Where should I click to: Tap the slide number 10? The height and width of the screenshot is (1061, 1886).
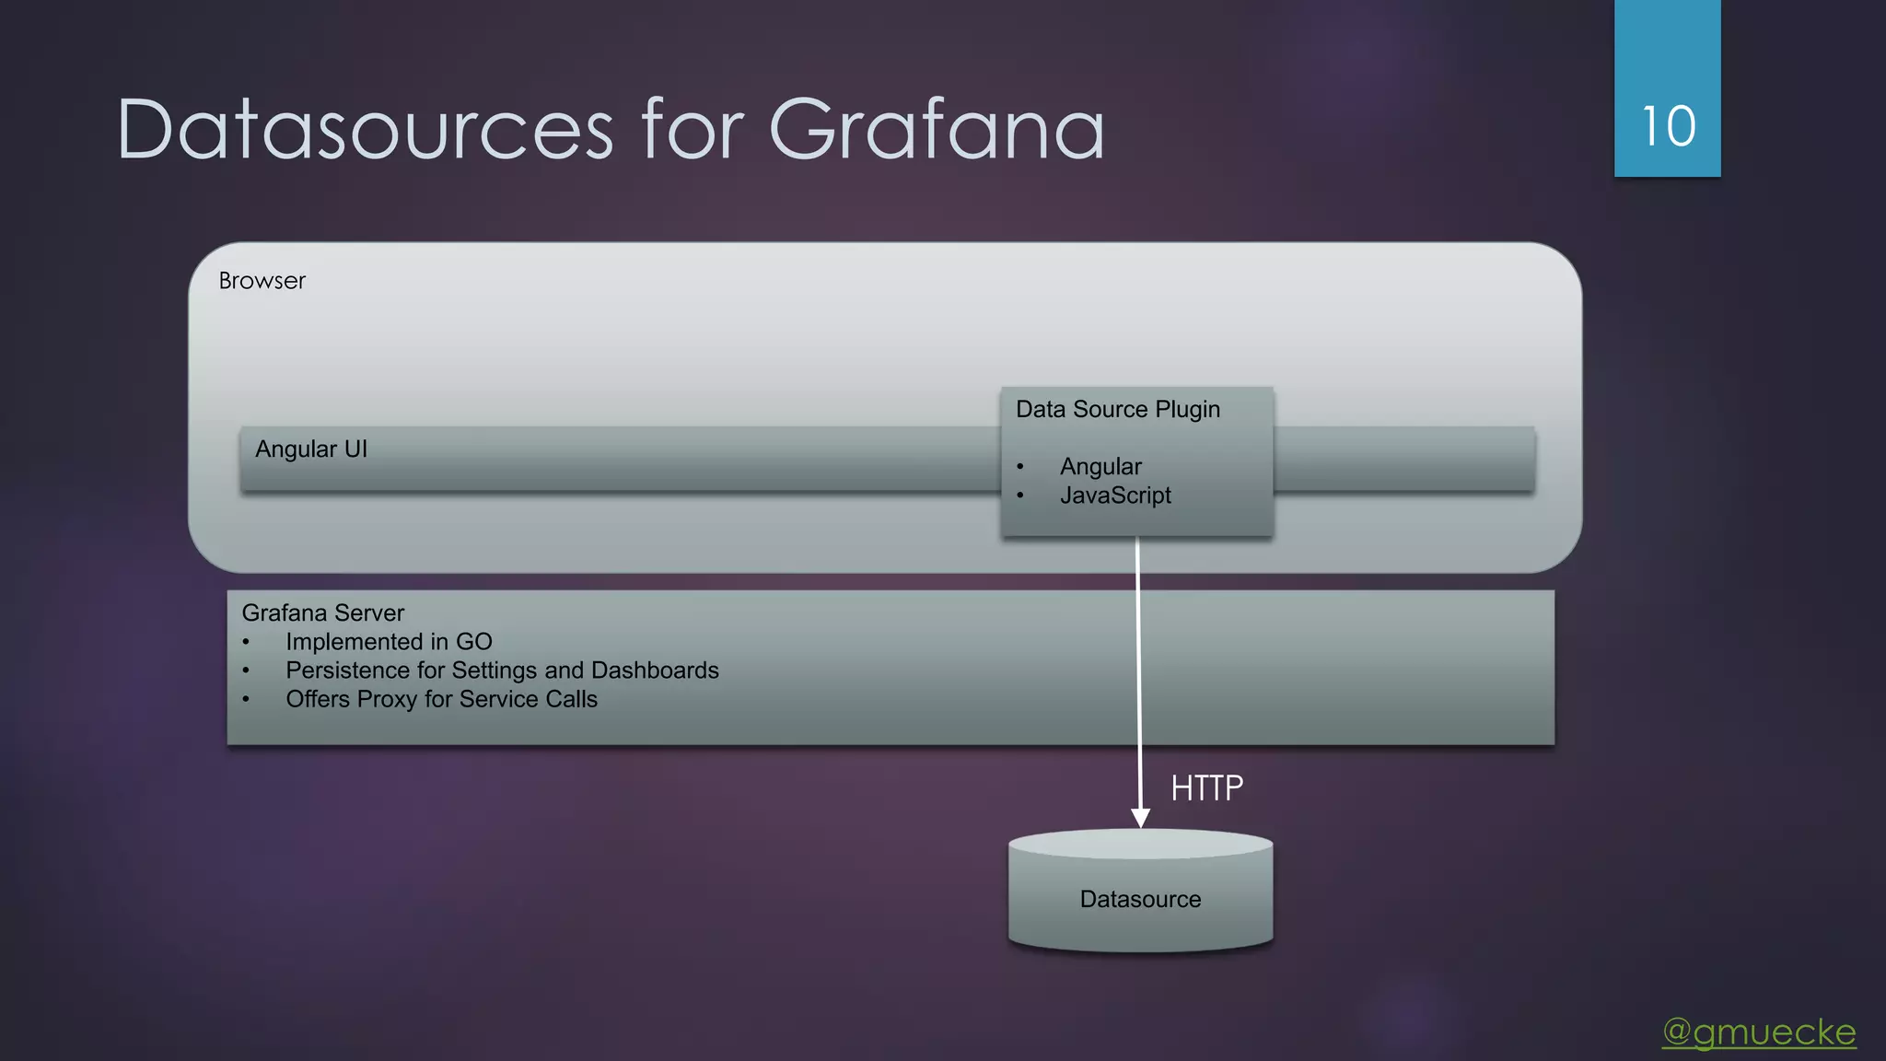(1668, 126)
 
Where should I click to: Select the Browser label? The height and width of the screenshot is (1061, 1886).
(262, 281)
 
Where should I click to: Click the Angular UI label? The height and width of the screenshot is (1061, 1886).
(310, 449)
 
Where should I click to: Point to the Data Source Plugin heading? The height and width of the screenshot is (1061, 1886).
(1117, 410)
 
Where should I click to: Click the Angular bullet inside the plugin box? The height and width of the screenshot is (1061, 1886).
(1100, 467)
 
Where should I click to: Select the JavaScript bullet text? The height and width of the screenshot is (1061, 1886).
(1115, 496)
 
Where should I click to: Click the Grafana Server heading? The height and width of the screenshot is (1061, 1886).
(322, 613)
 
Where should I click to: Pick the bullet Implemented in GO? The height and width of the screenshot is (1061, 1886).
(389, 642)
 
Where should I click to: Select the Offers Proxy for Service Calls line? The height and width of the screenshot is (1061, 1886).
(441, 699)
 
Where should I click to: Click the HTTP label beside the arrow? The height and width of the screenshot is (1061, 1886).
(1206, 788)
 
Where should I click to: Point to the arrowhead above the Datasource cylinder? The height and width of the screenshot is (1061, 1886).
(1140, 817)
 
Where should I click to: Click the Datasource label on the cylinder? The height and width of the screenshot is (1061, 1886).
(1140, 900)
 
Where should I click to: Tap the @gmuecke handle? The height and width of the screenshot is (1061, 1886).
(1759, 1032)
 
